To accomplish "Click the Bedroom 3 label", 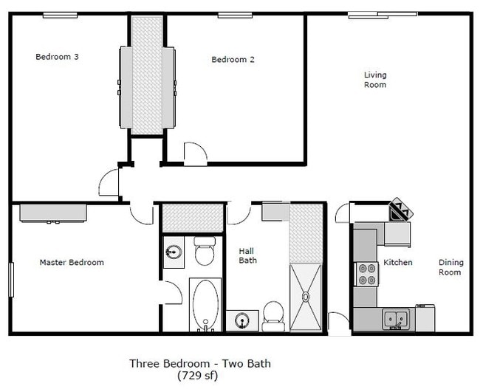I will pyautogui.click(x=58, y=56).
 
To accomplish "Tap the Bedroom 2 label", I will pyautogui.click(x=233, y=60).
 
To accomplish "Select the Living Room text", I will pyautogui.click(x=375, y=80).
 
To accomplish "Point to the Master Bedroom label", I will pyautogui.click(x=72, y=262).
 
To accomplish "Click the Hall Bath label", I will pyautogui.click(x=247, y=255).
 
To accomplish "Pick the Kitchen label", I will pyautogui.click(x=397, y=263).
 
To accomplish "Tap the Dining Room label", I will pyautogui.click(x=450, y=267).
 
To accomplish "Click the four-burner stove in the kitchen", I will pyautogui.click(x=367, y=274).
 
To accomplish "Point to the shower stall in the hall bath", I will pyautogui.click(x=305, y=296).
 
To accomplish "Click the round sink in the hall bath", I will pyautogui.click(x=241, y=321).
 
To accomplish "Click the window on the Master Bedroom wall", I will pyautogui.click(x=11, y=280).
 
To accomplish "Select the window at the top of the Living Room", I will pyautogui.click(x=374, y=13).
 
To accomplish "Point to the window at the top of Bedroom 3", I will pyautogui.click(x=61, y=14).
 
